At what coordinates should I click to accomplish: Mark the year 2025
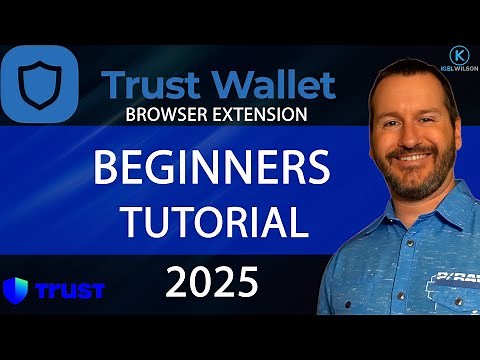[x=213, y=284]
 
